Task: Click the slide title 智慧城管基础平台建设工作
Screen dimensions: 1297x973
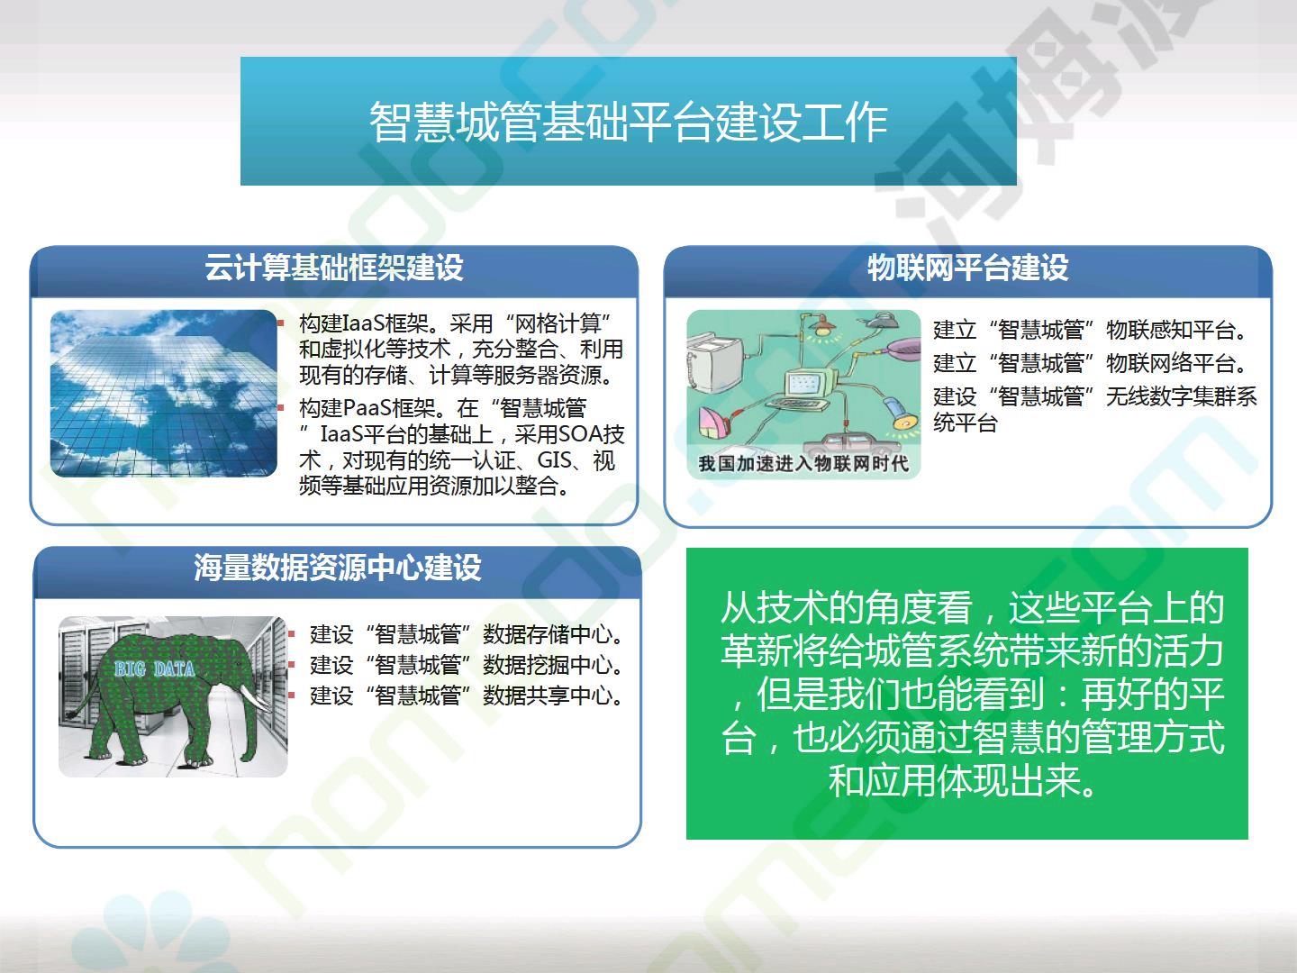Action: click(628, 123)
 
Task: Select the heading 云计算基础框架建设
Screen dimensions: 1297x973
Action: click(334, 267)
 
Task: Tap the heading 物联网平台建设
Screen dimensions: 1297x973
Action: click(968, 268)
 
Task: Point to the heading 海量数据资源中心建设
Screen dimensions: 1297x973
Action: click(338, 568)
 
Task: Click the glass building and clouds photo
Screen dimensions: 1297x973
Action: click(164, 394)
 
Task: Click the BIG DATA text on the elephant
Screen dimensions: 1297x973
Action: click(154, 668)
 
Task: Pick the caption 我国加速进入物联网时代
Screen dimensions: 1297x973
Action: click(803, 463)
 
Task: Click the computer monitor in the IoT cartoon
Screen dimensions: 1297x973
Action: click(808, 386)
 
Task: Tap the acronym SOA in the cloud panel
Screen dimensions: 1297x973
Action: click(582, 434)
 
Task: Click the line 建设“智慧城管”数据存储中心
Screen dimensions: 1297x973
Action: click(467, 634)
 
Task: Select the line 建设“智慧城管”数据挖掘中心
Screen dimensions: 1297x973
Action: click(467, 665)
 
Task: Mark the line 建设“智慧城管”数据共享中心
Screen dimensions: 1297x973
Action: click(467, 696)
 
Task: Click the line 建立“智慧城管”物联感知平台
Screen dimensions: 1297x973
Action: click(1090, 330)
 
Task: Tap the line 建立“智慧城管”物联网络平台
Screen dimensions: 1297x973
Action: click(1090, 363)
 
